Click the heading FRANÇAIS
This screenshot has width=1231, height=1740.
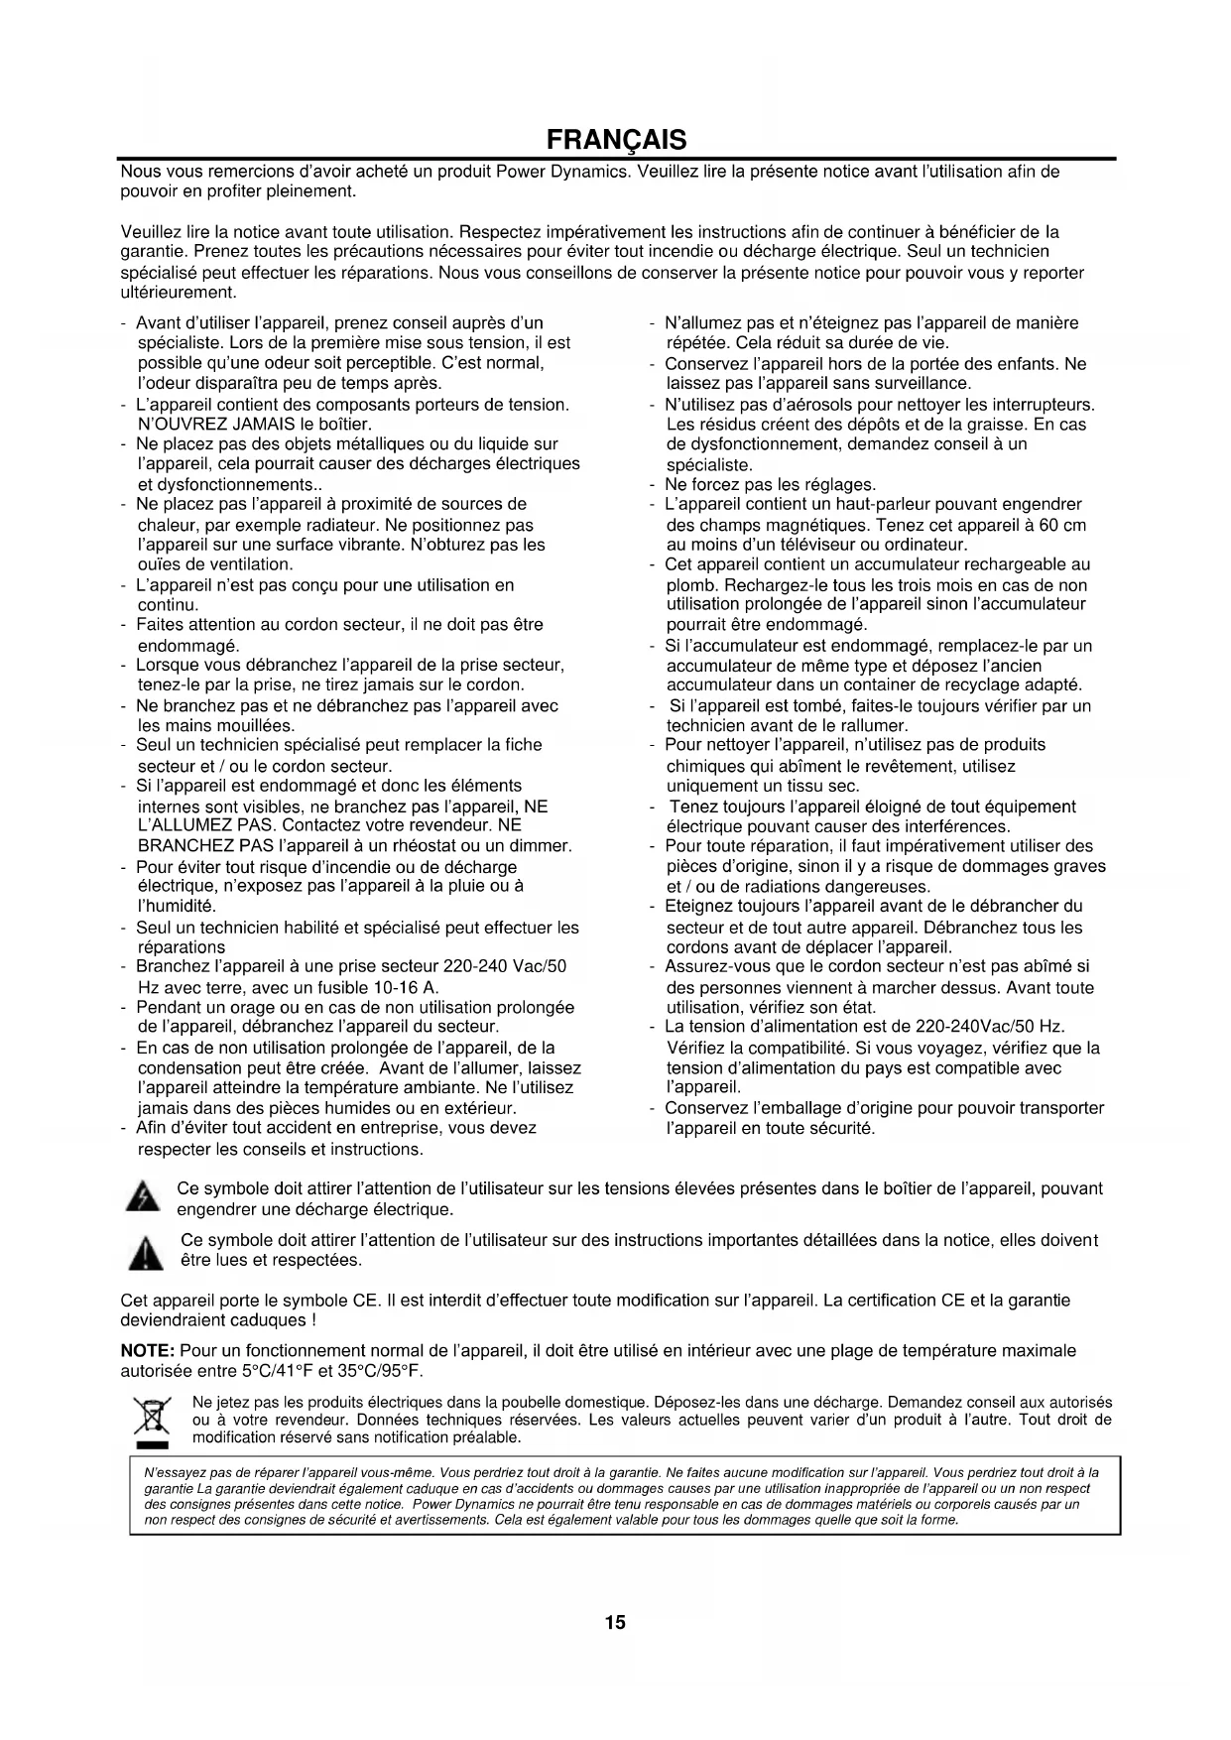[x=615, y=138]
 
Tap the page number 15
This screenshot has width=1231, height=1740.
[x=615, y=1622]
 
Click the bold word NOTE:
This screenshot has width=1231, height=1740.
[x=148, y=1350]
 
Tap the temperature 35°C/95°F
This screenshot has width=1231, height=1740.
[x=379, y=1371]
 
